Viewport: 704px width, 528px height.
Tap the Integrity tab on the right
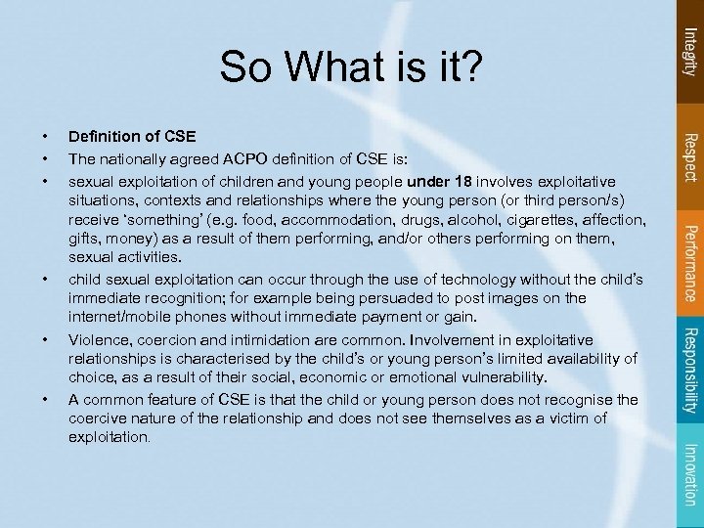(689, 52)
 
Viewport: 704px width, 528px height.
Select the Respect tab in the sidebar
(689, 155)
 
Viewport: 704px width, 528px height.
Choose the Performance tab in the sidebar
(689, 261)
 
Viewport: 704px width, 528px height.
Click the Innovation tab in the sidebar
(689, 473)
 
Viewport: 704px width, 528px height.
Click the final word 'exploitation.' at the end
(109, 438)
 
